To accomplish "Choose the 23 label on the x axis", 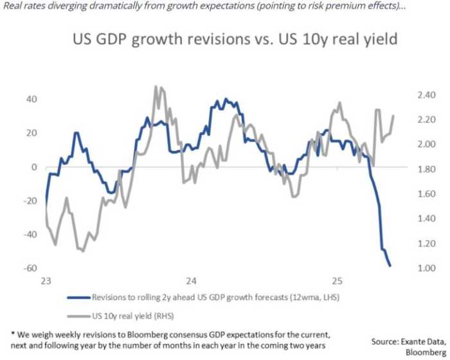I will click(46, 282).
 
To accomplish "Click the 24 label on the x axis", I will click(190, 282).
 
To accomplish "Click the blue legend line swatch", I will click(79, 298).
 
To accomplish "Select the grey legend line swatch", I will click(79, 316).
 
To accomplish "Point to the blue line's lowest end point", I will click(390, 265).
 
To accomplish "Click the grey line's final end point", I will click(393, 116).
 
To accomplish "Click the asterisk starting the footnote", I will click(14, 334).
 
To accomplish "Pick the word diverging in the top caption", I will click(75, 8).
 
